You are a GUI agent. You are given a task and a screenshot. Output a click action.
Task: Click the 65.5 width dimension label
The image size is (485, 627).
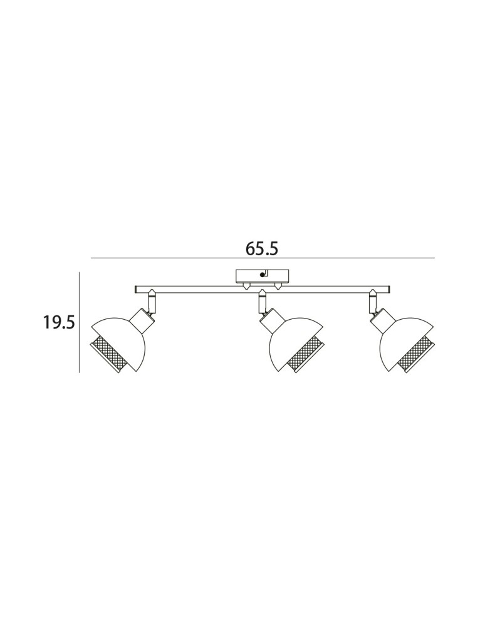coord(262,249)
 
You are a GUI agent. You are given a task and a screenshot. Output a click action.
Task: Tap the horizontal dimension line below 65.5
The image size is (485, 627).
coord(263,258)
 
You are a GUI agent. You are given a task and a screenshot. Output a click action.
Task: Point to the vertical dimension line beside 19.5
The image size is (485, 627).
coord(80,322)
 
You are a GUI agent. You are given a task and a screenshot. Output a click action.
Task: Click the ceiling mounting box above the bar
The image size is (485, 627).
coord(262,276)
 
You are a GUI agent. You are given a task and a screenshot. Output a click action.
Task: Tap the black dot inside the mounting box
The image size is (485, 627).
coord(262,275)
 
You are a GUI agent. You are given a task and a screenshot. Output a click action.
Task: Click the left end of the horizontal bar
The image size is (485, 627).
coord(135,288)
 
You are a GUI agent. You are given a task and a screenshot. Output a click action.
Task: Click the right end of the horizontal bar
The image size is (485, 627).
coord(389,288)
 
